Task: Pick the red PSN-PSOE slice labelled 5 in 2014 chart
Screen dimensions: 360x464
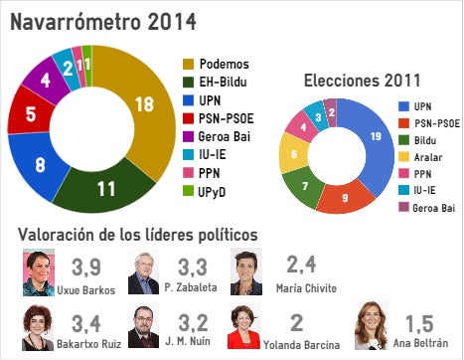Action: click(31, 115)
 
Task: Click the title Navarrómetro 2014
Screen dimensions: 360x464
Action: click(103, 20)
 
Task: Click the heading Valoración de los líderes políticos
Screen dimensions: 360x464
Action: click(139, 234)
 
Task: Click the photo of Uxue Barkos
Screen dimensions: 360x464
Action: click(39, 271)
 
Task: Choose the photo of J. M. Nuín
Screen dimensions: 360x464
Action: click(144, 326)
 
